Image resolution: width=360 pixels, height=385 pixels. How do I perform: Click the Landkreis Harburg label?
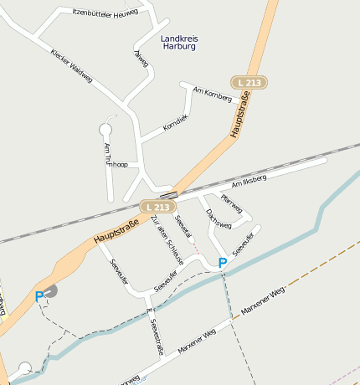coord(177,42)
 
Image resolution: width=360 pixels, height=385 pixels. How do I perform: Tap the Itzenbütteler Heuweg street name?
coord(94,12)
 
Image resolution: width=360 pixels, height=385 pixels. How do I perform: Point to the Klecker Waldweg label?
coord(70,61)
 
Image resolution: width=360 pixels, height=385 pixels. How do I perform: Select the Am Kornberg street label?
coord(212,93)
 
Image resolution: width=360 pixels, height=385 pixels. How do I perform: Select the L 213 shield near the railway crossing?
coord(157,206)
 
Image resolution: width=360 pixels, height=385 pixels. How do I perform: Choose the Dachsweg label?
coord(218,220)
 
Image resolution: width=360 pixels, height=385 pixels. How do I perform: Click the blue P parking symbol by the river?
coord(222,263)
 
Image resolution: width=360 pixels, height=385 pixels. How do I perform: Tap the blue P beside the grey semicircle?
coord(39,295)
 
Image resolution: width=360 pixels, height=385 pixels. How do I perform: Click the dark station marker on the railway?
coord(175,194)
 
